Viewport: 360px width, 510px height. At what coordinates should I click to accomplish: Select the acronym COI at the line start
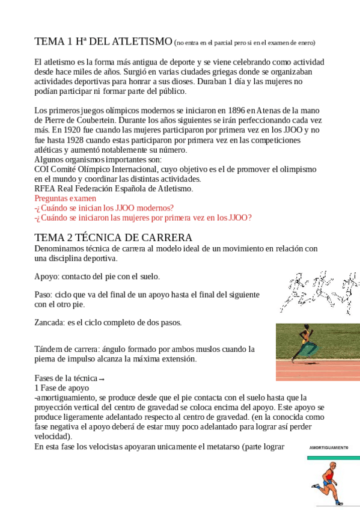pyautogui.click(x=42, y=169)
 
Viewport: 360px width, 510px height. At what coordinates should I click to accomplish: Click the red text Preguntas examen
pyautogui.click(x=65, y=198)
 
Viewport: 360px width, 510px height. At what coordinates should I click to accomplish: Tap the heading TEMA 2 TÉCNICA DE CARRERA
pyautogui.click(x=113, y=237)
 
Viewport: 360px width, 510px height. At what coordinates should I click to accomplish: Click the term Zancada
pyautogui.click(x=49, y=322)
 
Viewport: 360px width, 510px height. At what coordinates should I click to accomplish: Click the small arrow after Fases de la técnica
pyautogui.click(x=102, y=379)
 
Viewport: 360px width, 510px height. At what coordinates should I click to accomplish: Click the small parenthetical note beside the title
pyautogui.click(x=244, y=43)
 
